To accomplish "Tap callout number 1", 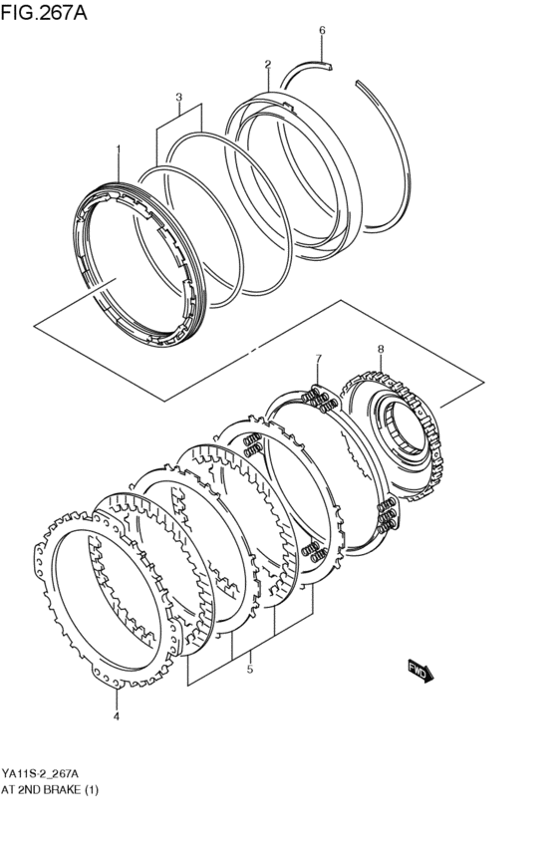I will (118, 149).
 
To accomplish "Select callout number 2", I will (267, 65).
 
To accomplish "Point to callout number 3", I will (178, 98).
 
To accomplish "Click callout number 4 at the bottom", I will (116, 715).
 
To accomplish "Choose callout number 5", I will (249, 670).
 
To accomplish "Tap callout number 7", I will (318, 358).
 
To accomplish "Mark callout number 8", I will (380, 348).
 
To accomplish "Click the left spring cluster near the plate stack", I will (250, 444).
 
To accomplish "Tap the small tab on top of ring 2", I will (286, 102).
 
